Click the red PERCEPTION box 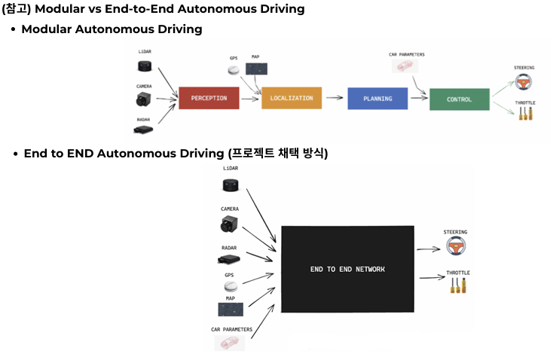(x=209, y=99)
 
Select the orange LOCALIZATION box (x=292, y=99)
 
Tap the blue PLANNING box (x=377, y=99)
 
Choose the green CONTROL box (x=459, y=99)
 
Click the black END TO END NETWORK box (x=347, y=269)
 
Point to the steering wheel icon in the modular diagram (x=523, y=81)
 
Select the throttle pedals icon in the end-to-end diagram (x=457, y=285)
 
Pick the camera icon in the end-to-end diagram (x=230, y=224)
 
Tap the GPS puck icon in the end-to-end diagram (x=230, y=288)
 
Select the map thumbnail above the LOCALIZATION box (x=256, y=69)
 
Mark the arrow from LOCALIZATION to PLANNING (x=335, y=99)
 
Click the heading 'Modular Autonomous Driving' (x=112, y=29)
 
